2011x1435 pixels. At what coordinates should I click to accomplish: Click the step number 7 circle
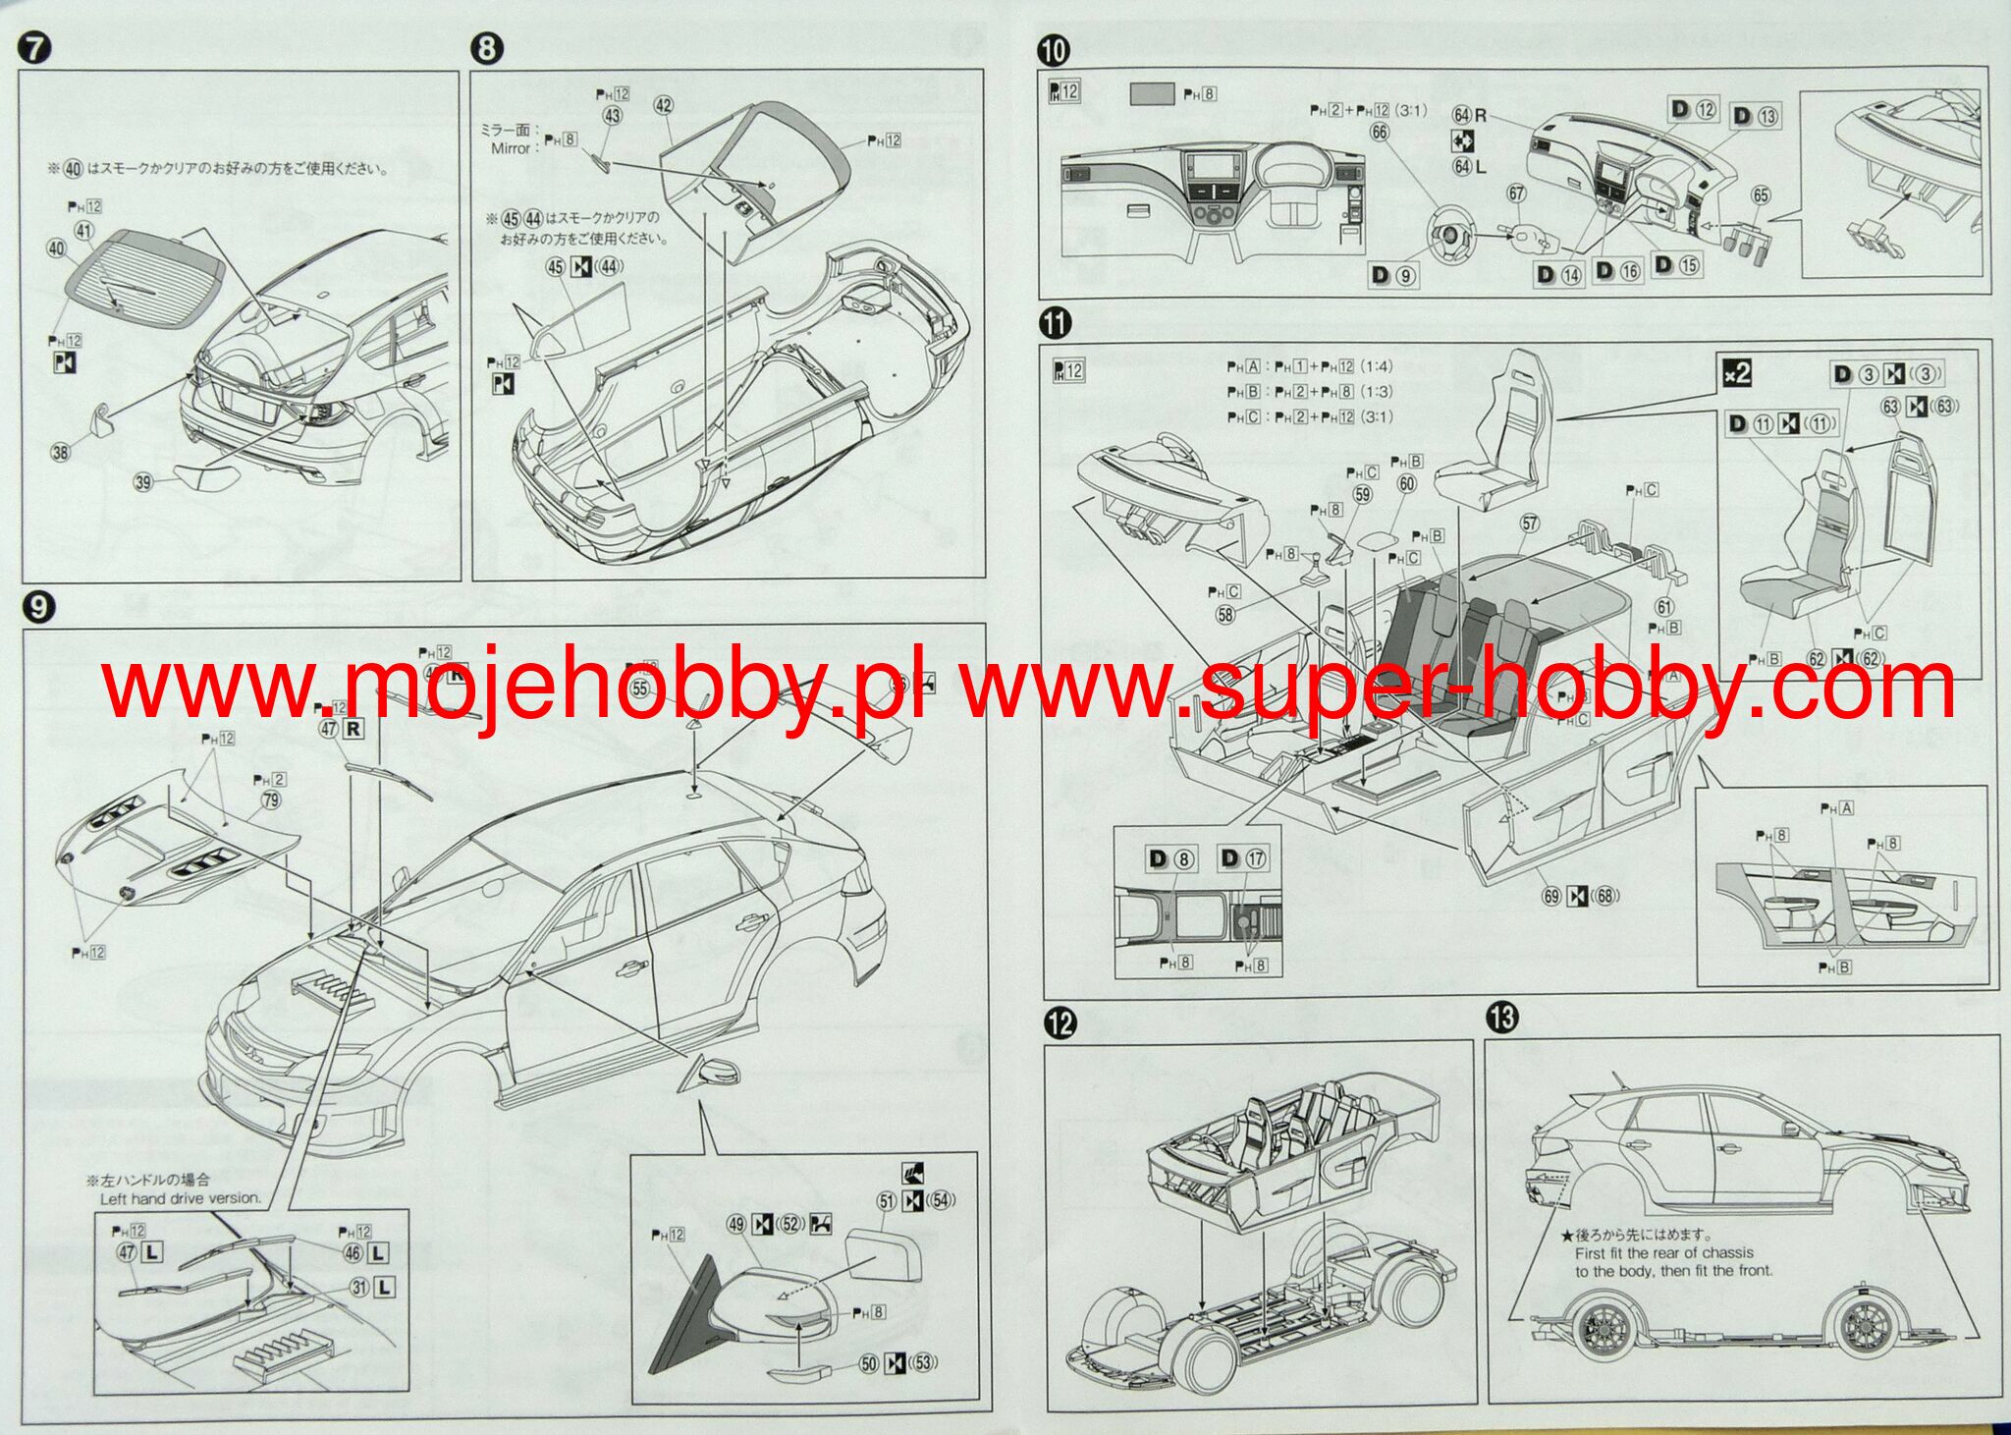[34, 48]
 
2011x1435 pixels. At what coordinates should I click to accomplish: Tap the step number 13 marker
[1501, 1018]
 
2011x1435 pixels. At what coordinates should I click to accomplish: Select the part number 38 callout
[61, 453]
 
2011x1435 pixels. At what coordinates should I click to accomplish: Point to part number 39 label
[144, 481]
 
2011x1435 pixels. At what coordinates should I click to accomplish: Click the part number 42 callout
[664, 105]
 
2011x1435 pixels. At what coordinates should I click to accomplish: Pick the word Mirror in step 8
[510, 148]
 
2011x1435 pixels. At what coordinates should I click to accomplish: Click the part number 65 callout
[1761, 195]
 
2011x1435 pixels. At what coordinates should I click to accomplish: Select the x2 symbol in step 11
[1736, 373]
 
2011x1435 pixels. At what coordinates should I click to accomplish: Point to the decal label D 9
[1392, 276]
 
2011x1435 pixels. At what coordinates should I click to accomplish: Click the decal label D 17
[1242, 858]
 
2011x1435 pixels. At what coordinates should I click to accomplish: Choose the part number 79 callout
[271, 800]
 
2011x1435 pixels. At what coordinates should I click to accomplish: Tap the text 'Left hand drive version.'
[181, 1198]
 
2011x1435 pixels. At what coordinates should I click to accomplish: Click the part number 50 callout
[868, 1362]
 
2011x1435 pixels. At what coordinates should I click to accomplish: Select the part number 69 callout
[1551, 895]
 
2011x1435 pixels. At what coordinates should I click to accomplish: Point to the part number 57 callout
[1530, 524]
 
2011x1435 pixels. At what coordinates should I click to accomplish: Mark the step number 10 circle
[1054, 48]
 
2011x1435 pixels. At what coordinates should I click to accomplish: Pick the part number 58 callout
[1225, 615]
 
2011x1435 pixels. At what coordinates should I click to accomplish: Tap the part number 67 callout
[1516, 193]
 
